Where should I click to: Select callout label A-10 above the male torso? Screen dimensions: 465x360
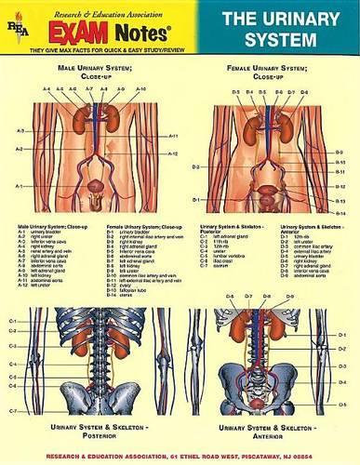click(x=140, y=89)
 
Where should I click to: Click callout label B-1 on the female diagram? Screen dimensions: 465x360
click(x=196, y=200)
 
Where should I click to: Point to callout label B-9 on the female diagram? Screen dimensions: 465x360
click(x=340, y=152)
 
